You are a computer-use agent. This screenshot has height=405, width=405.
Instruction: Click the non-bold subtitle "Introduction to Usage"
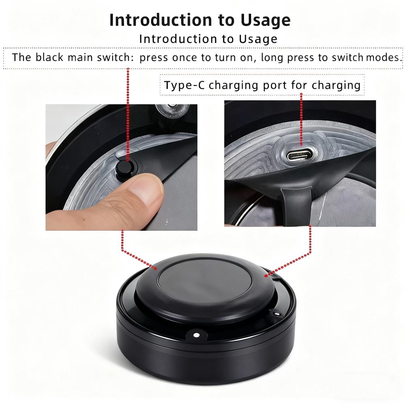coord(208,39)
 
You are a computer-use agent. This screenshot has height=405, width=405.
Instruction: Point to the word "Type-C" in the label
coord(185,85)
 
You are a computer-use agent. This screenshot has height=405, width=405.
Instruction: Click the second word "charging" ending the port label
coord(336,85)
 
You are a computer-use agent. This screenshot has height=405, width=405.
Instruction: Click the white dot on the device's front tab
coord(196,335)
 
